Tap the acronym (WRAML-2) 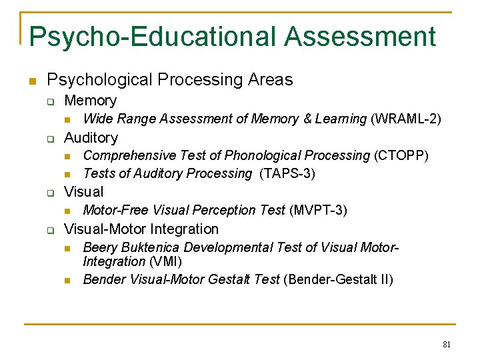(x=406, y=119)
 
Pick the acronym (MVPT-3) (x=318, y=210)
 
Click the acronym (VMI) (x=165, y=261)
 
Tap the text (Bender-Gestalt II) (x=338, y=279)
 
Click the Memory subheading (x=90, y=101)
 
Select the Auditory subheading (x=91, y=137)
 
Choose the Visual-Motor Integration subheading (x=141, y=229)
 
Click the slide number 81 (x=447, y=345)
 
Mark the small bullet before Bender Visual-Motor (x=67, y=281)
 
